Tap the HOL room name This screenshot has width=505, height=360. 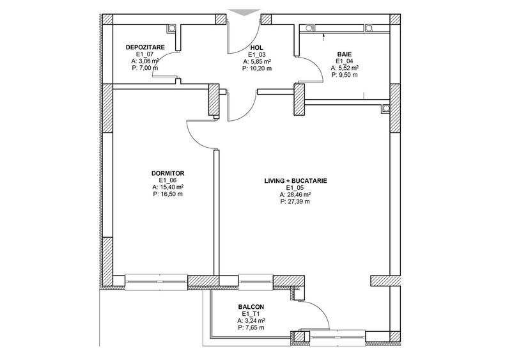pyautogui.click(x=257, y=48)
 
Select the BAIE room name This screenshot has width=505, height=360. pyautogui.click(x=344, y=54)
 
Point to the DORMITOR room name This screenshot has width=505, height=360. pyautogui.click(x=167, y=173)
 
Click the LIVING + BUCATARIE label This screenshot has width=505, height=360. pyautogui.click(x=295, y=181)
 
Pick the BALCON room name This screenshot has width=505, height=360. pyautogui.click(x=251, y=307)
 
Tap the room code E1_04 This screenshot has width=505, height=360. pyautogui.click(x=343, y=61)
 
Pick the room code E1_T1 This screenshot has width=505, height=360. pyautogui.click(x=251, y=314)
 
